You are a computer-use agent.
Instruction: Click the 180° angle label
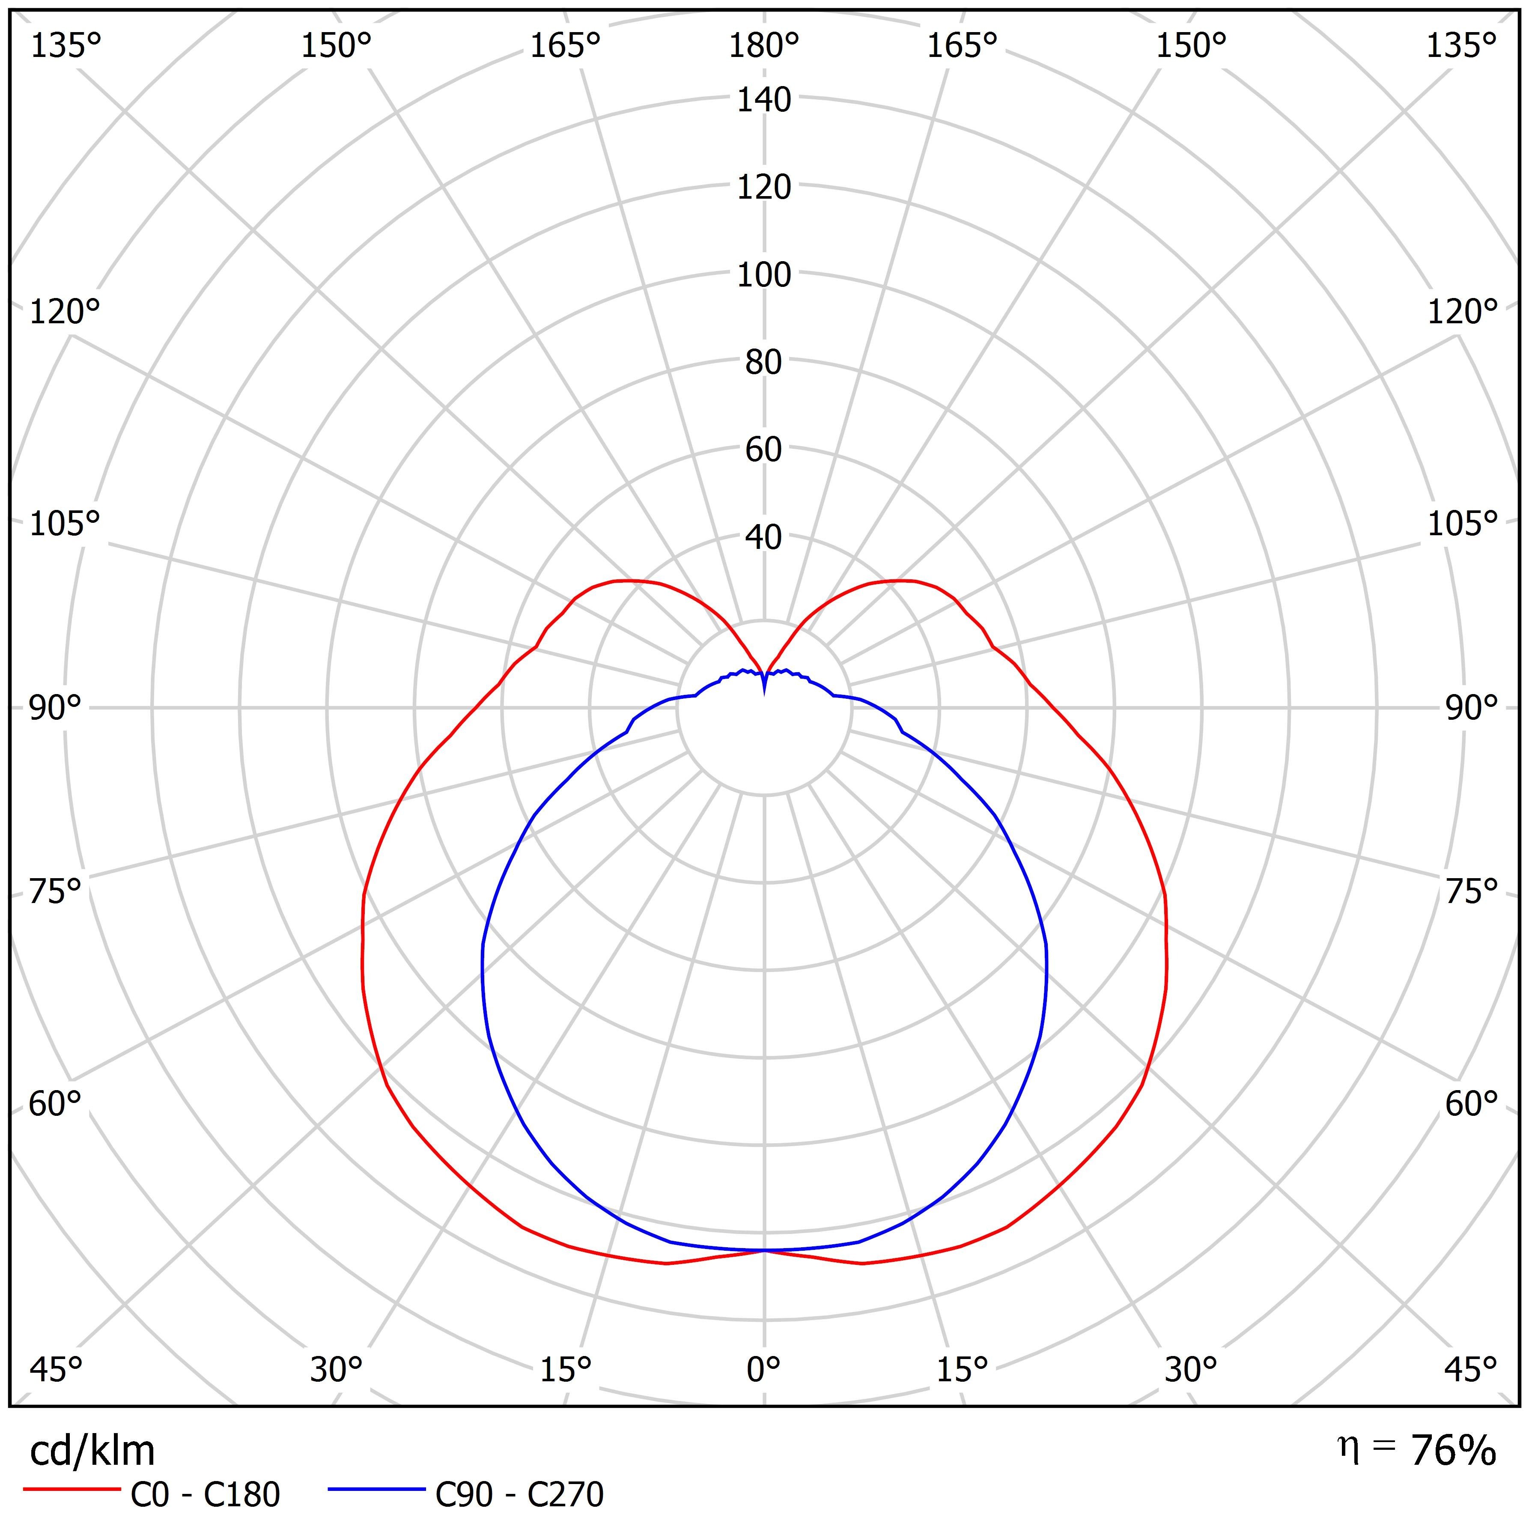point(764,47)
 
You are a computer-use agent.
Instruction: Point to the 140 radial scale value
point(764,101)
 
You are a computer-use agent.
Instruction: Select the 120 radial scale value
point(764,188)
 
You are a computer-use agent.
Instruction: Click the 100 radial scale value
point(764,275)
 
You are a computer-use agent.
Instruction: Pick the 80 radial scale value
point(764,363)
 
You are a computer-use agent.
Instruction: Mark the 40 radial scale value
point(764,537)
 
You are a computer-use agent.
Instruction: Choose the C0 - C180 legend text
point(205,1495)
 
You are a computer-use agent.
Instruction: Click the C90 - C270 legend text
point(519,1495)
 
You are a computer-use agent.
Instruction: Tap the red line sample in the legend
point(71,1490)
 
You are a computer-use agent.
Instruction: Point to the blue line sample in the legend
point(377,1490)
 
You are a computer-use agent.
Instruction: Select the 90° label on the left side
point(55,708)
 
